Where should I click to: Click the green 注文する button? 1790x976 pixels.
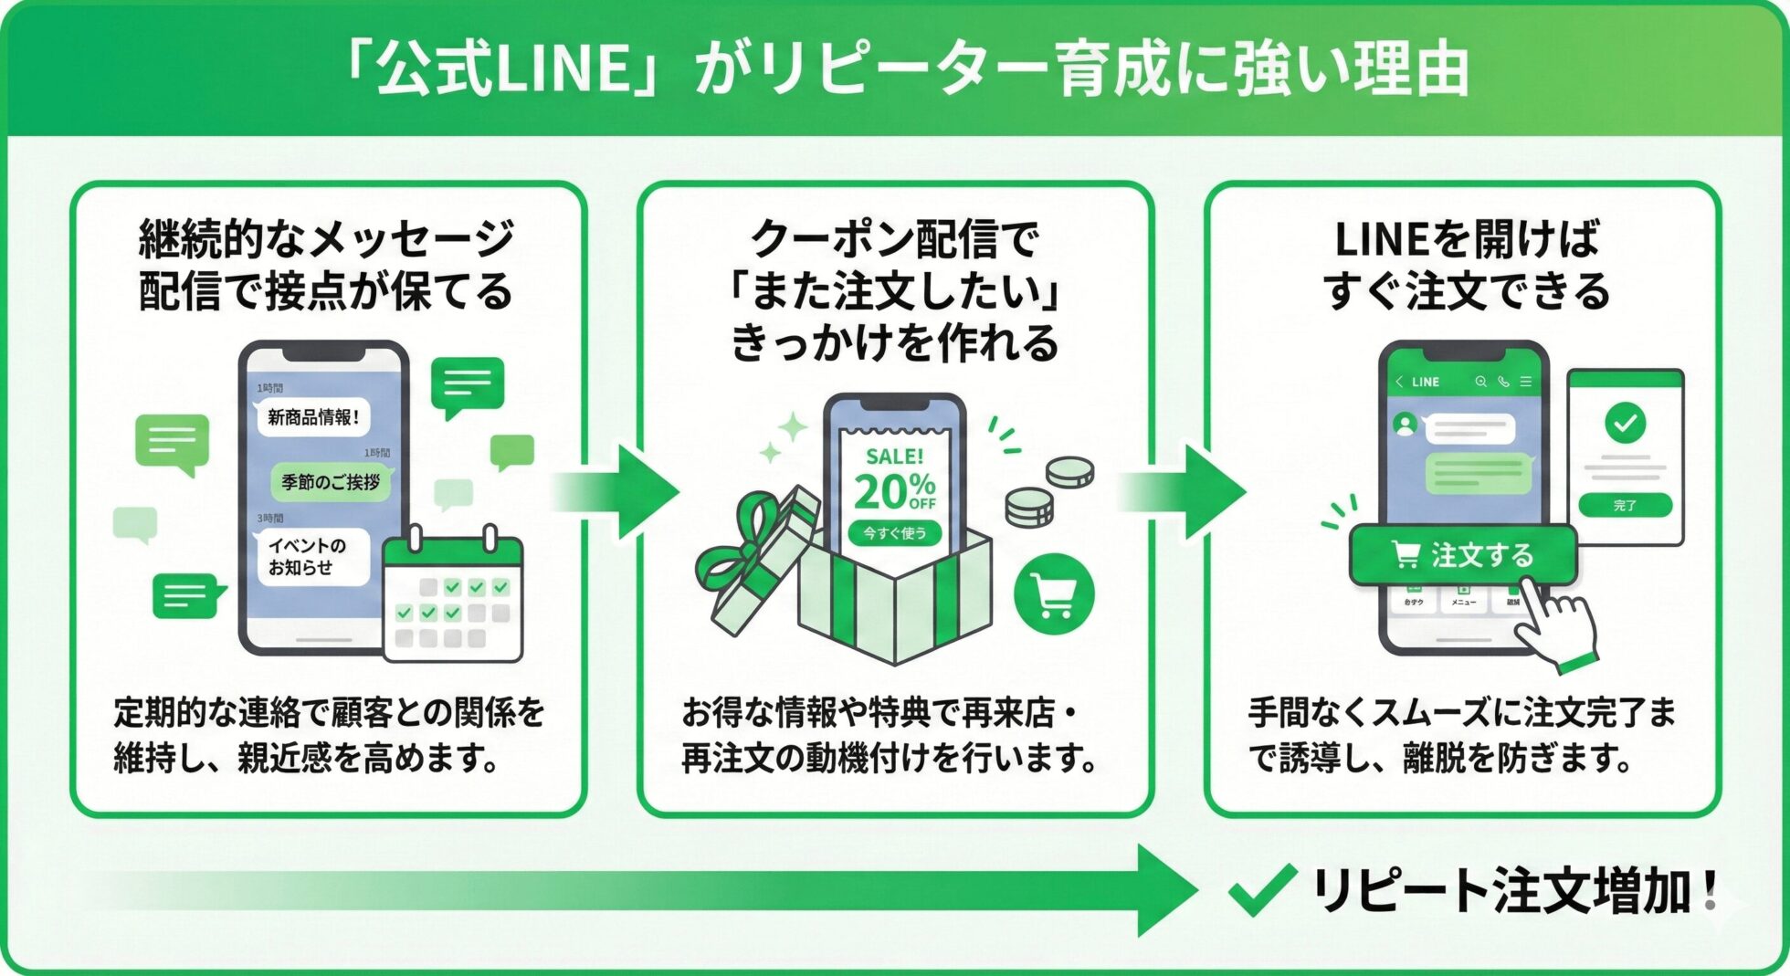click(1463, 554)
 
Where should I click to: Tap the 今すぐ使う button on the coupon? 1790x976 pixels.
click(894, 533)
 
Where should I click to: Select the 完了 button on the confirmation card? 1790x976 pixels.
click(1625, 505)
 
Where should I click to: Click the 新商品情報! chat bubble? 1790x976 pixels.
click(313, 417)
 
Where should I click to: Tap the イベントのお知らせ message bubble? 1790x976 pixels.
click(311, 556)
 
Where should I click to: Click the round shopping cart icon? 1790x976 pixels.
click(1053, 594)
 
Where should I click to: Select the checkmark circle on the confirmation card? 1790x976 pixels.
click(1625, 423)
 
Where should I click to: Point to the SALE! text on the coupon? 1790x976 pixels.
click(894, 456)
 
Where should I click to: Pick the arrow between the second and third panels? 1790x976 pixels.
click(1187, 492)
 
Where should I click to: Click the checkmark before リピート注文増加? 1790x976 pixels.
click(1261, 889)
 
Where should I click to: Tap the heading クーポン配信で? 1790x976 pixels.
click(894, 239)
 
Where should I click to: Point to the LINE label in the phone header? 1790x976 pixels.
click(1425, 383)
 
